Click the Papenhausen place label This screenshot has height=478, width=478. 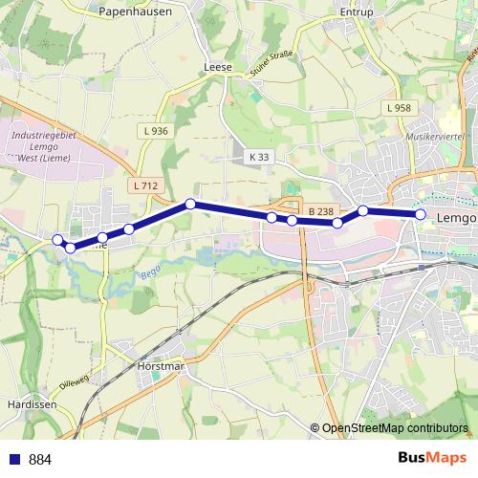click(x=134, y=12)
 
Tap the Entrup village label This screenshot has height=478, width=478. click(x=356, y=12)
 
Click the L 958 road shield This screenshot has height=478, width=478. click(x=400, y=108)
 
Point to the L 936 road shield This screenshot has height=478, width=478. click(x=153, y=131)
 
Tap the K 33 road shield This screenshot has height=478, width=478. click(x=259, y=156)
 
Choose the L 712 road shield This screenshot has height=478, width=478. click(x=146, y=185)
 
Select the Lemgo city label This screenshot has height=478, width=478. click(x=455, y=218)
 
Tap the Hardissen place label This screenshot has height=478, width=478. click(x=29, y=402)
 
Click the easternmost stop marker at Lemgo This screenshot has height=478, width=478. click(x=421, y=214)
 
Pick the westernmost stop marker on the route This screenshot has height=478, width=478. click(x=57, y=239)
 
